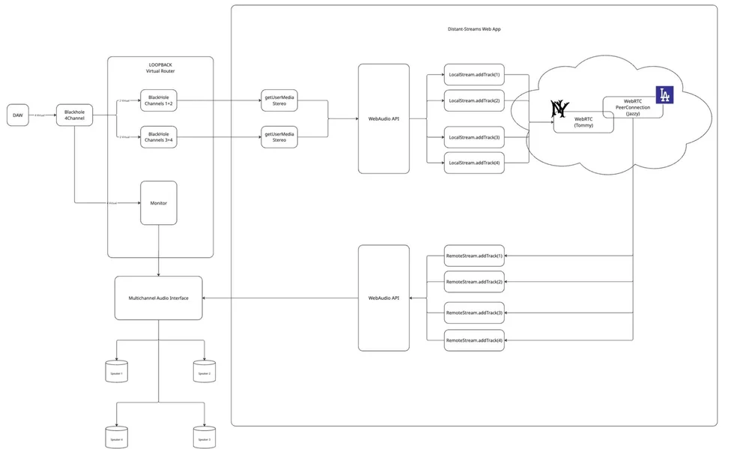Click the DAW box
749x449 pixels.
[x=17, y=115]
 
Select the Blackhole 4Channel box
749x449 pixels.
[x=73, y=115]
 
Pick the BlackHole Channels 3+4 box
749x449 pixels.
[x=159, y=136]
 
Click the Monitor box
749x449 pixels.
[x=159, y=202]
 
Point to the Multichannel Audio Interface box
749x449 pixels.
[x=159, y=298]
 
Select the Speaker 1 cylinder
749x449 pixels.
[x=116, y=371]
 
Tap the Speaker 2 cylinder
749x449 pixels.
[x=204, y=371]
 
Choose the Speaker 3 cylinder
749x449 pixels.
[x=204, y=437]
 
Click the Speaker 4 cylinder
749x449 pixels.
[x=116, y=437]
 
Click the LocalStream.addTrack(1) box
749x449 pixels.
[x=474, y=75]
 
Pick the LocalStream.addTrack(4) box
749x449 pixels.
[x=474, y=163]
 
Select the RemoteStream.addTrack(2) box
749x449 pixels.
[x=474, y=282]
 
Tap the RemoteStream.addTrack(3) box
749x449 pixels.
[x=474, y=312]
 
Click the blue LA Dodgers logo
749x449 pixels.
[x=664, y=95]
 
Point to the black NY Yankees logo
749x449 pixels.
[x=560, y=109]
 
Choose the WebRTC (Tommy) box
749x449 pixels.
[x=583, y=123]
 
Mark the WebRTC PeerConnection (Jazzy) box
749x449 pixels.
[x=633, y=107]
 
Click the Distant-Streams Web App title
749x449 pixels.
[x=469, y=28]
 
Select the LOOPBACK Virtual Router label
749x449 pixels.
[x=160, y=68]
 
